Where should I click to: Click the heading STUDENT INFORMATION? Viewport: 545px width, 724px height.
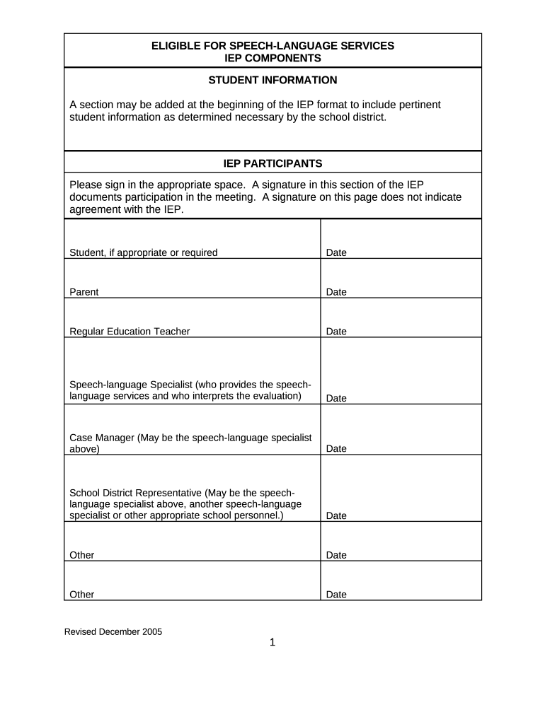pyautogui.click(x=272, y=80)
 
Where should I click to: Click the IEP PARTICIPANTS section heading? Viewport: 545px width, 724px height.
pyautogui.click(x=272, y=163)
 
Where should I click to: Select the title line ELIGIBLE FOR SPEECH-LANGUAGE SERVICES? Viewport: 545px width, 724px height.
pyautogui.click(x=272, y=46)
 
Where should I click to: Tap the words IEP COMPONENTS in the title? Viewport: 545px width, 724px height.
pyautogui.click(x=272, y=58)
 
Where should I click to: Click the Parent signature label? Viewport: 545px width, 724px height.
pyautogui.click(x=84, y=292)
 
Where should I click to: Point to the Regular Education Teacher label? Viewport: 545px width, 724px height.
pyautogui.click(x=130, y=332)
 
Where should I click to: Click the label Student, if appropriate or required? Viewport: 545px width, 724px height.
pyautogui.click(x=143, y=252)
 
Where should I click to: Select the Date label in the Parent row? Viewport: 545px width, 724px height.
pyautogui.click(x=336, y=292)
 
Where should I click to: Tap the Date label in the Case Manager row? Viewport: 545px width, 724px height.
pyautogui.click(x=336, y=449)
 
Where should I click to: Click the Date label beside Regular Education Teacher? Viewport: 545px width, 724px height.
pyautogui.click(x=336, y=332)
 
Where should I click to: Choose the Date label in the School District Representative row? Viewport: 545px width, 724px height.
pyautogui.click(x=336, y=516)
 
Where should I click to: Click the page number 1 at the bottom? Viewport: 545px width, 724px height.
pyautogui.click(x=272, y=642)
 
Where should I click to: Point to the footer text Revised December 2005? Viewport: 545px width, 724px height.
pyautogui.click(x=113, y=632)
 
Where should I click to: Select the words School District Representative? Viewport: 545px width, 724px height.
pyautogui.click(x=135, y=493)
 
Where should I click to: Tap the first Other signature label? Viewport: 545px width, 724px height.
pyautogui.click(x=81, y=555)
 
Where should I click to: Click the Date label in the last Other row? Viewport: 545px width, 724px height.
pyautogui.click(x=336, y=595)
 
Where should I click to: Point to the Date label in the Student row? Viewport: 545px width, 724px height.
pyautogui.click(x=336, y=252)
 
